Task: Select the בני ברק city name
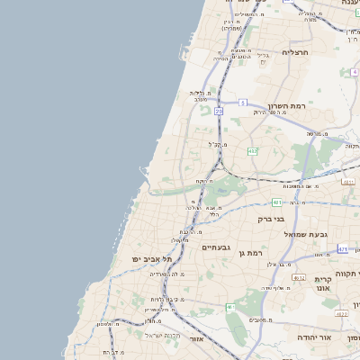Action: (x=271, y=219)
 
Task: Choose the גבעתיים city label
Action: (x=216, y=247)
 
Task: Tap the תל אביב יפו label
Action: (x=145, y=259)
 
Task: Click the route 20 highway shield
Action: (x=218, y=111)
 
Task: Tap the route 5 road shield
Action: (x=242, y=103)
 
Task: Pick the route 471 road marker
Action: (x=343, y=247)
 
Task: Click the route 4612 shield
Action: (x=297, y=278)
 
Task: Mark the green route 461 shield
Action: (x=229, y=307)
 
